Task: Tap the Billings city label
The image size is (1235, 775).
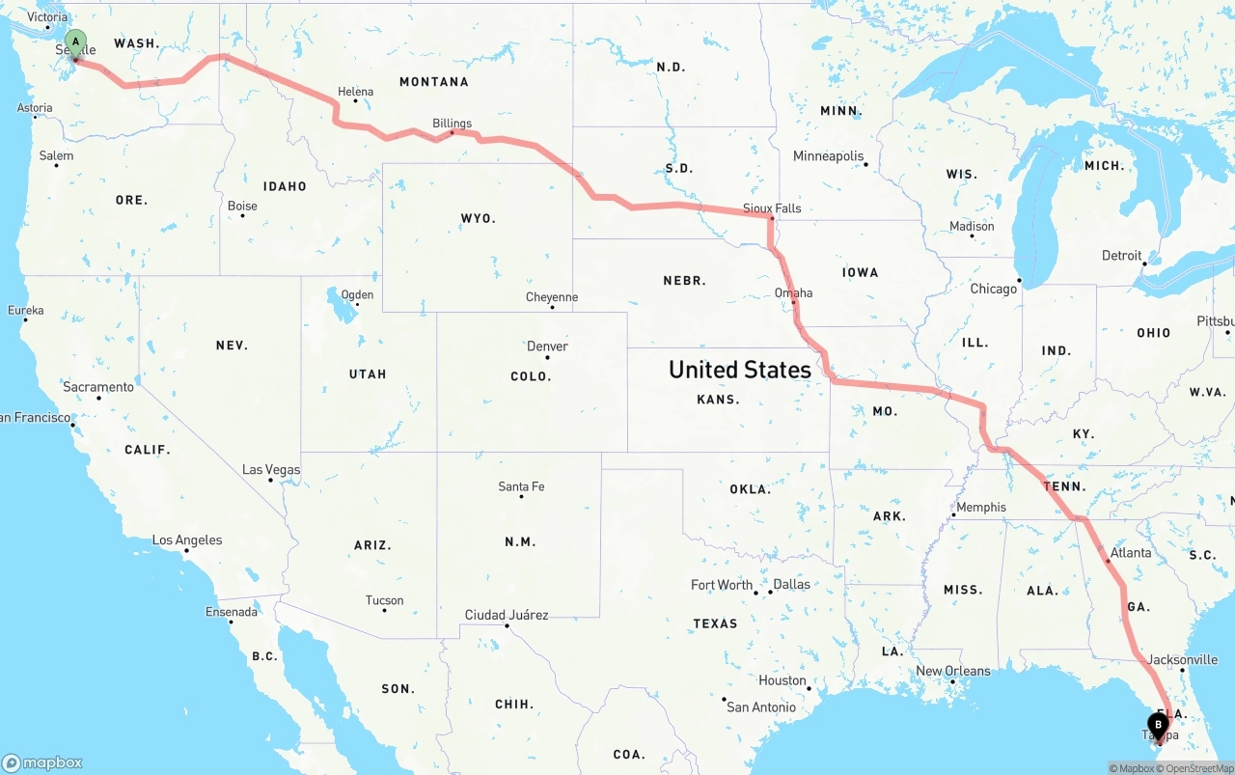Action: click(453, 124)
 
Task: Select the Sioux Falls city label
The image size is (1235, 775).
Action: click(772, 208)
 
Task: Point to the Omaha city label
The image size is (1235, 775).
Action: click(793, 293)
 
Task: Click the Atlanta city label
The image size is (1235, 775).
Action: click(1131, 553)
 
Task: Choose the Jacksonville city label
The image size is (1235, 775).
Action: click(1184, 660)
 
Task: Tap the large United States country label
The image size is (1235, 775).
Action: click(740, 370)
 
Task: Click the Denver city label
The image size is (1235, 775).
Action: click(547, 346)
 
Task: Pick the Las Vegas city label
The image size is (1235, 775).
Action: click(271, 470)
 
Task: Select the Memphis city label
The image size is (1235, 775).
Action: click(980, 508)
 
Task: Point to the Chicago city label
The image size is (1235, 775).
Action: click(993, 289)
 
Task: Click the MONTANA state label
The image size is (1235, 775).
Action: click(434, 82)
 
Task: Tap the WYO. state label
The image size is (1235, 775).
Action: click(479, 219)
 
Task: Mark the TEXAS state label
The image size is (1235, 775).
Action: click(715, 623)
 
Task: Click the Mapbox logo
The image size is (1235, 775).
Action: click(42, 762)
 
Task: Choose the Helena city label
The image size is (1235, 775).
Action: click(355, 93)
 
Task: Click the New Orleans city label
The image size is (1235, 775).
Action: click(953, 672)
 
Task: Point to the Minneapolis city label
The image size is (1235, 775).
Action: click(828, 156)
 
